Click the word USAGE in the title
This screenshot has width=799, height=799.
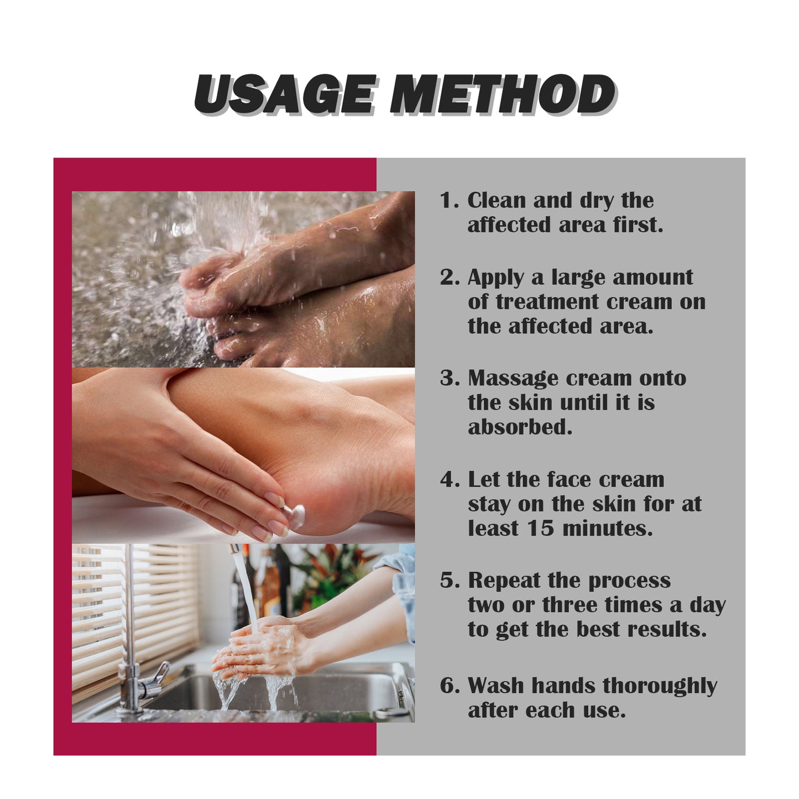[285, 95]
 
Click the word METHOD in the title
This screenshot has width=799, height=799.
[503, 95]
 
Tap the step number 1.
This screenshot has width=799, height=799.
[447, 201]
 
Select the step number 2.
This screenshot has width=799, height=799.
[447, 278]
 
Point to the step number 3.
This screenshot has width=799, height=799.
[447, 379]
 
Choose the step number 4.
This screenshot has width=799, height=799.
[447, 480]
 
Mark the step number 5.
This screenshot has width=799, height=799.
[447, 581]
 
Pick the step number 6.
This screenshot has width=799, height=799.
[447, 686]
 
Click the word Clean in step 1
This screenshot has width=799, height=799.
[496, 201]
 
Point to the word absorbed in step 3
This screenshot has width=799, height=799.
[520, 427]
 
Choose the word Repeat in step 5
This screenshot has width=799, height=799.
[504, 581]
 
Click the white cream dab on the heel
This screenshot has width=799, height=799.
[297, 516]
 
